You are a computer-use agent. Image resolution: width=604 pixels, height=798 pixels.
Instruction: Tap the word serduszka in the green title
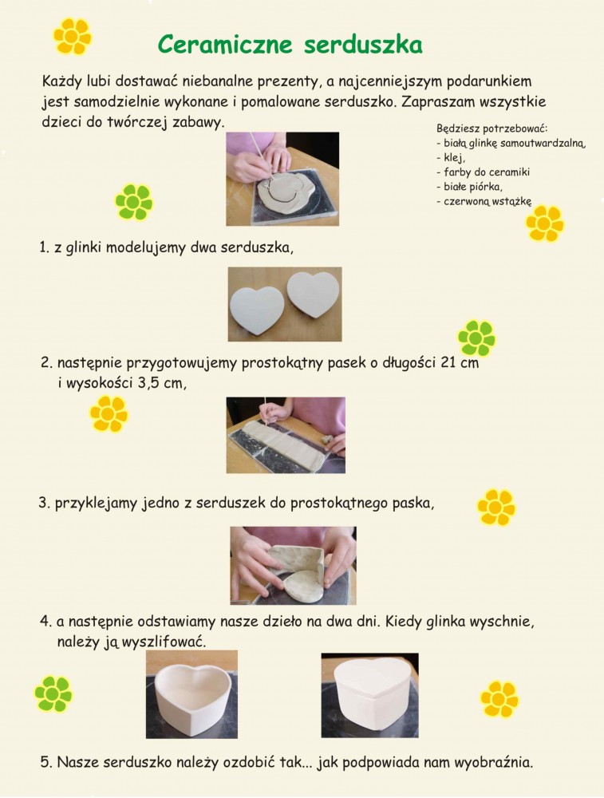click(x=363, y=45)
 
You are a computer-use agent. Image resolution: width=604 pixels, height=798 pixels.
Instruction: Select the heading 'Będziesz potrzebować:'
click(x=491, y=128)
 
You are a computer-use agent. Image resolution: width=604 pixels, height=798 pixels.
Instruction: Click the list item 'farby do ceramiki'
click(x=483, y=172)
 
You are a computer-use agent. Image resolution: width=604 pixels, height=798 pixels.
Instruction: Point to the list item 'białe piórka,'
click(x=469, y=186)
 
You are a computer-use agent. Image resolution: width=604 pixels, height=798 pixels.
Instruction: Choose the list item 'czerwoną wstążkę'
click(x=484, y=201)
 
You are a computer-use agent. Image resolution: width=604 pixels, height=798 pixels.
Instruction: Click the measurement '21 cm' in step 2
click(x=460, y=362)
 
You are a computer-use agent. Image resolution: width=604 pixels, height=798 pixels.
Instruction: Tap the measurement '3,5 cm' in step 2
click(x=162, y=383)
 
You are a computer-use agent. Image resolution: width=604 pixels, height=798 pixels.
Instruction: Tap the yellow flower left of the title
click(x=73, y=36)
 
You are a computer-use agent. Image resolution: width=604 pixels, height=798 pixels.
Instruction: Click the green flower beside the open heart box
click(x=53, y=693)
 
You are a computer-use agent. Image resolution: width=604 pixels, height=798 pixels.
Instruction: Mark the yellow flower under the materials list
click(x=545, y=223)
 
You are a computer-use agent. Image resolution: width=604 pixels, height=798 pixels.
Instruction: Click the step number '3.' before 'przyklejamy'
click(x=45, y=503)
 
